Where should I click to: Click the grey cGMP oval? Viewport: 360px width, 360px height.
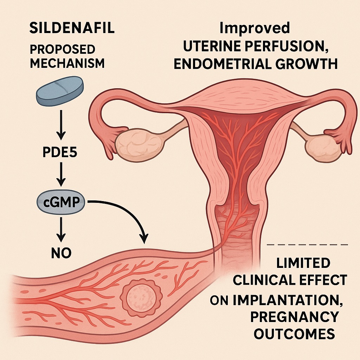click(x=61, y=203)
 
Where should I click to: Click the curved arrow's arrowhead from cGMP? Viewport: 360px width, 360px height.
click(x=143, y=239)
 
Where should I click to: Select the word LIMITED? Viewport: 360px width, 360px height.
click(x=303, y=263)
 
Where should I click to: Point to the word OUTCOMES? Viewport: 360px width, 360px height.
click(x=294, y=334)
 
